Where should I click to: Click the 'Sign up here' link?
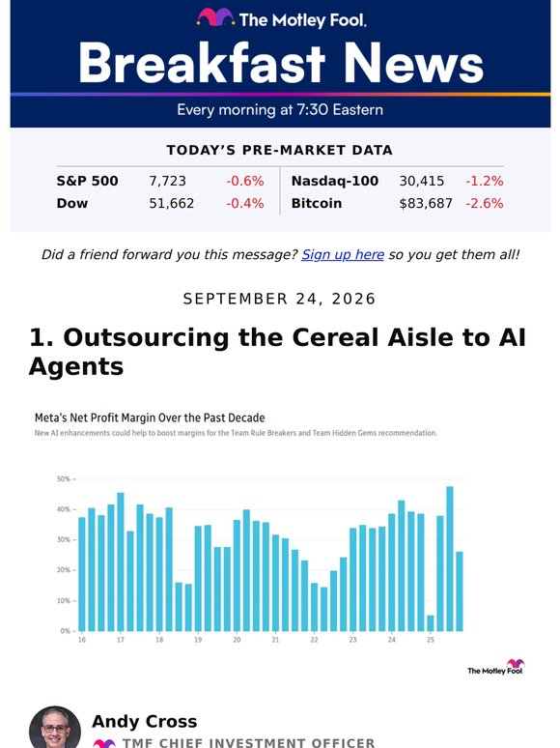coord(343,255)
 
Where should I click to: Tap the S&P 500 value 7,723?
coord(167,182)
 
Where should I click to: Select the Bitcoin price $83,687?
coord(426,204)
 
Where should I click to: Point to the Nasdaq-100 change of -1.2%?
coord(485,182)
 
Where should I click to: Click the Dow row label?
coord(72,204)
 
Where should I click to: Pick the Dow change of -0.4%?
coord(245,204)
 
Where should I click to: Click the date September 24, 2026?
coord(280,300)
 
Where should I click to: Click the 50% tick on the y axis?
coord(64,478)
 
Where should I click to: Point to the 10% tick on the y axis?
coord(64,600)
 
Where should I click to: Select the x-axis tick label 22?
coord(314,640)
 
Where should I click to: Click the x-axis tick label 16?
coord(82,640)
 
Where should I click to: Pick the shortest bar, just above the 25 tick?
coord(431,623)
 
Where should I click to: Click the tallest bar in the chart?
coord(449,559)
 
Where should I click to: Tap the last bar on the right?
coord(460,591)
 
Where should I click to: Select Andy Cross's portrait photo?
coord(55,727)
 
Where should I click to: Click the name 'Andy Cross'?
coord(145,722)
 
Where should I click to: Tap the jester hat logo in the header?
coord(215,17)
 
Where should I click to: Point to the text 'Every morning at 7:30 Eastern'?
coord(280,110)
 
